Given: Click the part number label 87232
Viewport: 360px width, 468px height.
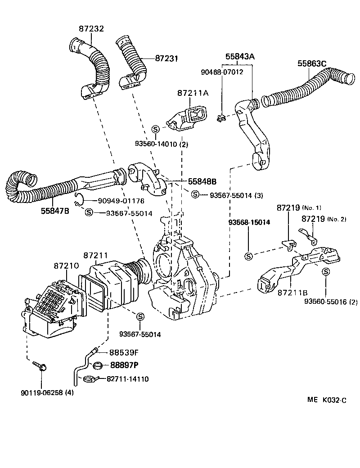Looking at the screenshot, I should point(91,28).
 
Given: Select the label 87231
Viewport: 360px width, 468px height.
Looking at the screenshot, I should point(167,58).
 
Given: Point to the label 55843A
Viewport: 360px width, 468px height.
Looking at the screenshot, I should point(240,57).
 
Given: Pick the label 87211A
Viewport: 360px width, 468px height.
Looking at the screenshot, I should point(193,93).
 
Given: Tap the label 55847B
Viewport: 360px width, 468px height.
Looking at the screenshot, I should point(53,210).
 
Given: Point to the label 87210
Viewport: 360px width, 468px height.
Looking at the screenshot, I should point(67,266).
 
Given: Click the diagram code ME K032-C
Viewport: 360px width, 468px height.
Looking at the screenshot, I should point(327,400).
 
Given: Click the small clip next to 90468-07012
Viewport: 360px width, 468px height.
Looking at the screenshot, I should point(220,119).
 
